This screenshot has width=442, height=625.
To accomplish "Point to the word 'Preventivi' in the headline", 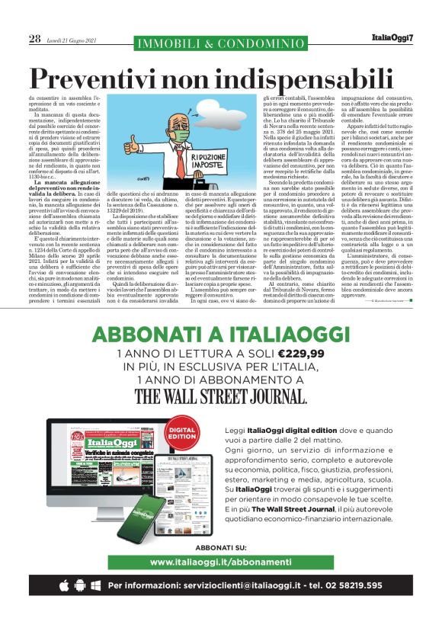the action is [x=104, y=79].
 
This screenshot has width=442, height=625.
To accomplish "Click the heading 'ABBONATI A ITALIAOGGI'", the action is [x=221, y=335].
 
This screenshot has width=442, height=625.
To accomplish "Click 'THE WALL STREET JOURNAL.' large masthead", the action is [x=221, y=396].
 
